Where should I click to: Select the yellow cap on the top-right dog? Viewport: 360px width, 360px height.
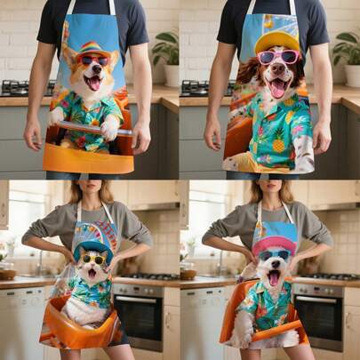pos(277,42)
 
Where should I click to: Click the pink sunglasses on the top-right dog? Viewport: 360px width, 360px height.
pos(277,58)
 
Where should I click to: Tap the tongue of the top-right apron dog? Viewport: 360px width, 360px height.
pos(278,89)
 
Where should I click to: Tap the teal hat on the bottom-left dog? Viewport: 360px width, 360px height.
pos(93,245)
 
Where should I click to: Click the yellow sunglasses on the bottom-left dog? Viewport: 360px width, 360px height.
pos(93,260)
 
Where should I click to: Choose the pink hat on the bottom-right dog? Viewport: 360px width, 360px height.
pos(274,242)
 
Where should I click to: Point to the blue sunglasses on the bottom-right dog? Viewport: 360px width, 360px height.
pos(274,255)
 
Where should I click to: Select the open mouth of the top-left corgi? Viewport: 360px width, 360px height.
pos(92,81)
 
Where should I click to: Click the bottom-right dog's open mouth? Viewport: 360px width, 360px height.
pos(274,276)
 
